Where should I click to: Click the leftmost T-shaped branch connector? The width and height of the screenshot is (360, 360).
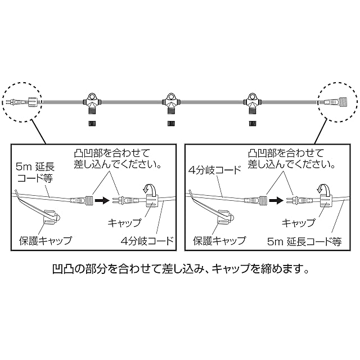click(92, 102)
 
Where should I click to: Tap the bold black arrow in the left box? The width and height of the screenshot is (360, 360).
click(102, 199)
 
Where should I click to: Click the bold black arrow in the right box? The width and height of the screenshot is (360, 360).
click(276, 199)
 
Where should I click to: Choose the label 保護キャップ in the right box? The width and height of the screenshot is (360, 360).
click(219, 240)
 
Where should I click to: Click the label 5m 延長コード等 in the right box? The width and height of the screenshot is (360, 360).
click(305, 240)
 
